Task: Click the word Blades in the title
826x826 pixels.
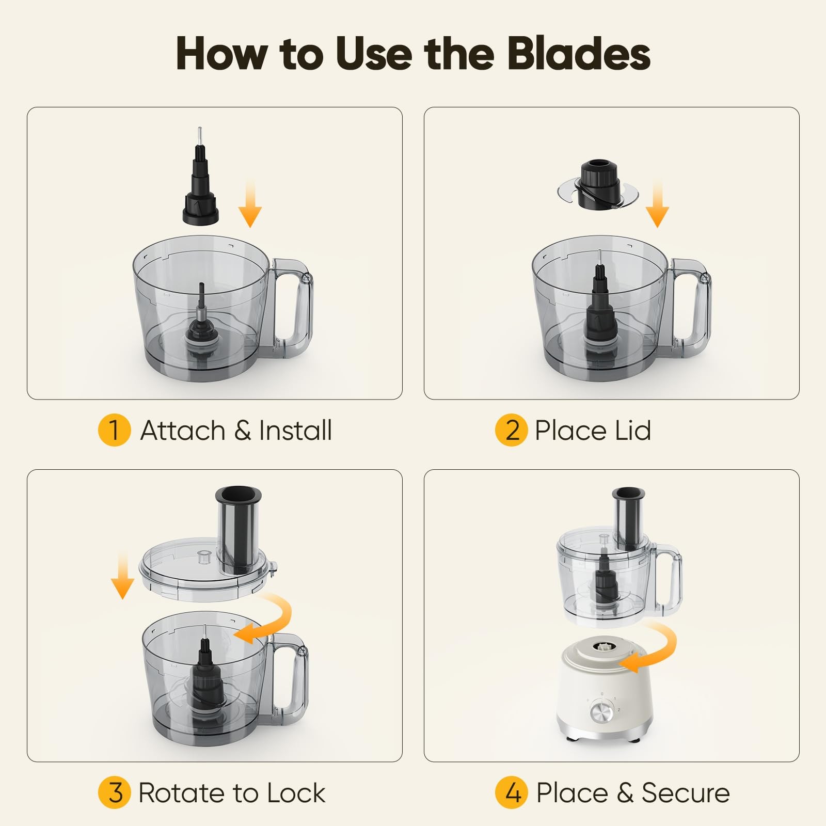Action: click(x=578, y=54)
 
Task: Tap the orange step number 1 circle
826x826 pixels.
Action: click(x=114, y=431)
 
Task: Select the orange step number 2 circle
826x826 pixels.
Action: click(x=511, y=431)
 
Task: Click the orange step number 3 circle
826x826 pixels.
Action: click(x=114, y=793)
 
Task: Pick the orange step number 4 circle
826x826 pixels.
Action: click(x=511, y=793)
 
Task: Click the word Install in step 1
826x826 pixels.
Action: click(x=295, y=431)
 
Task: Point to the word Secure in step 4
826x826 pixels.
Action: click(x=686, y=793)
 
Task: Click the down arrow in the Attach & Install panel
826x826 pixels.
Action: click(x=250, y=203)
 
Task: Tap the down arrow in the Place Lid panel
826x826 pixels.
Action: click(x=657, y=203)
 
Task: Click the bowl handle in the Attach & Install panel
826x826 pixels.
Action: click(x=292, y=305)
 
